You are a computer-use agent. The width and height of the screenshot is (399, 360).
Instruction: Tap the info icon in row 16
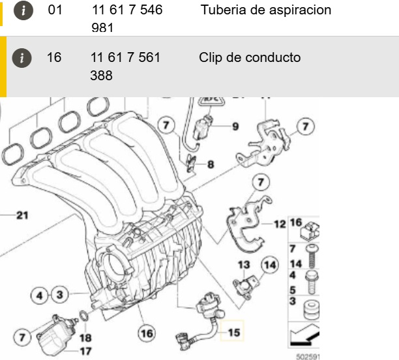point(23,58)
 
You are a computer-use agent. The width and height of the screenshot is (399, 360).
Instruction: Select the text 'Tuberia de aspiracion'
point(266,10)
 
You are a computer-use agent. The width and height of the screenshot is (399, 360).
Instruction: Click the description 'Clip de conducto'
point(250,57)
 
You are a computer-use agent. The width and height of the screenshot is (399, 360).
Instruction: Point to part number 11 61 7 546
point(126,10)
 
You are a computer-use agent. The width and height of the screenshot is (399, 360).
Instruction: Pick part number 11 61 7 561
point(125,57)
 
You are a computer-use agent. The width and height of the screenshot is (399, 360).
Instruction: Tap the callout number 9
point(235,125)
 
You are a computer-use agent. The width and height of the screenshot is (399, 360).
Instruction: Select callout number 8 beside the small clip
point(210,165)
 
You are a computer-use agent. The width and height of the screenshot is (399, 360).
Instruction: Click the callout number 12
point(279,224)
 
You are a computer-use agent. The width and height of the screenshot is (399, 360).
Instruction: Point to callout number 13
point(244,265)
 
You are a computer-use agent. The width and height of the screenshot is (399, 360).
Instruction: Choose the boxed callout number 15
point(234,333)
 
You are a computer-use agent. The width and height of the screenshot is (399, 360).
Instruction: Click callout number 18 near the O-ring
point(85,338)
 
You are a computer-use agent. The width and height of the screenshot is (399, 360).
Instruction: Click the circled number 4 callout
point(40,295)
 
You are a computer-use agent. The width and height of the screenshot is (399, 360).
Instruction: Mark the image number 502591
point(306,356)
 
